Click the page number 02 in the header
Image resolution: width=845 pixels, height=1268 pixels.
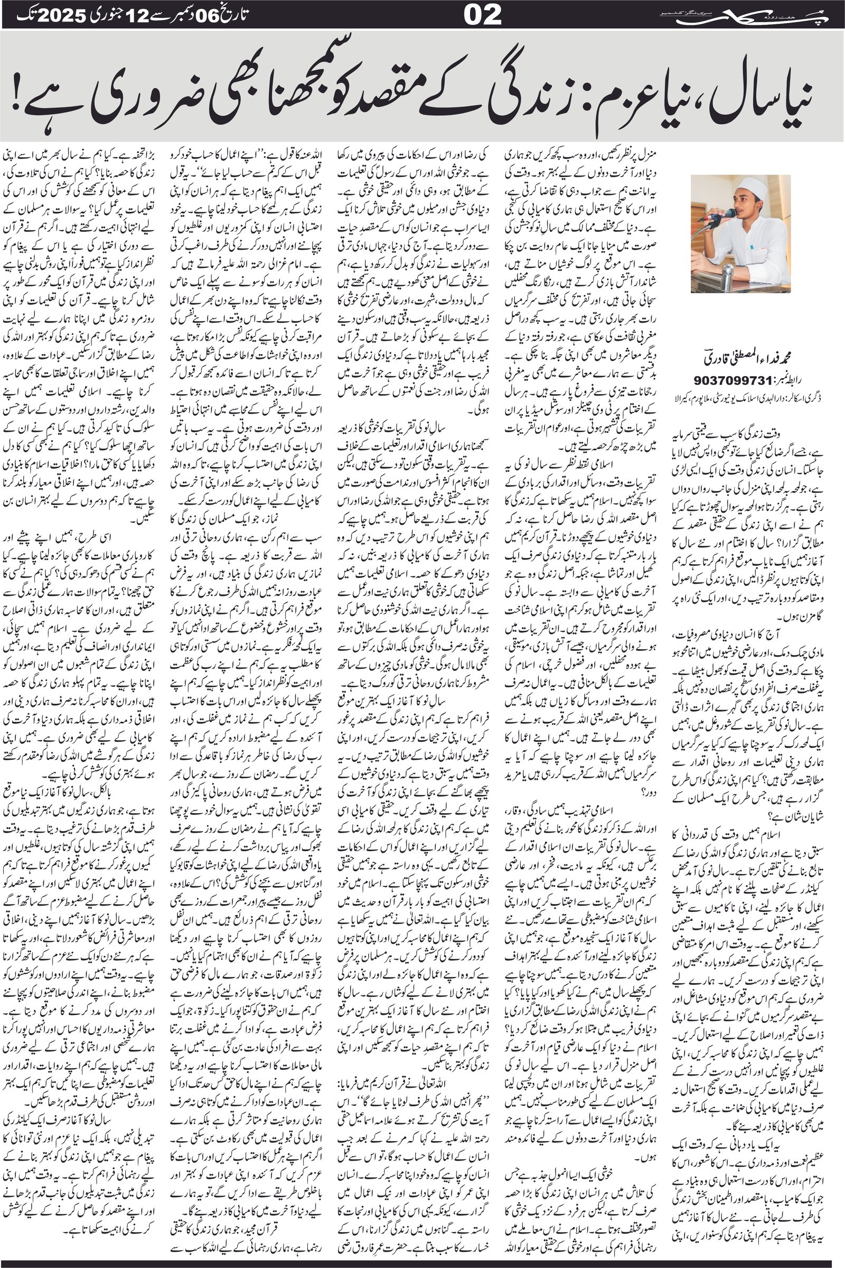[x=483, y=15]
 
